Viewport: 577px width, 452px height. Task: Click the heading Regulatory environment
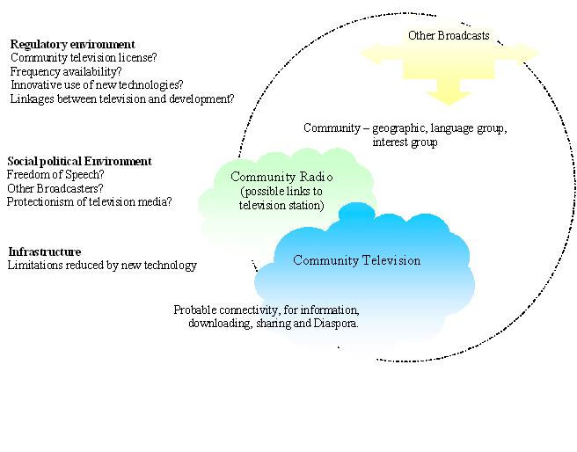[x=72, y=44]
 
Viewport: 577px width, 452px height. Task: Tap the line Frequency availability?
[x=65, y=72]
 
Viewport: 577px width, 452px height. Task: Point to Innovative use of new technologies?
[x=97, y=85]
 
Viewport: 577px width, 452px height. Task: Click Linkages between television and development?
[x=122, y=99]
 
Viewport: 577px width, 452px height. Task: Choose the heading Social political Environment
[x=79, y=161]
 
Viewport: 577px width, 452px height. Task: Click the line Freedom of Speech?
[x=55, y=174]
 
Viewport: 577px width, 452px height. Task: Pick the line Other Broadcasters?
[x=55, y=188]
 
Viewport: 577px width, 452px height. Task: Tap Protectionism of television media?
[x=89, y=201]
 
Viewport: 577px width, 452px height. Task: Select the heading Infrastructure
[x=44, y=252]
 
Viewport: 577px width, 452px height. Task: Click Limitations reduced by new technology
[x=102, y=266]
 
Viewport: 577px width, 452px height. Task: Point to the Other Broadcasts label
[x=449, y=36]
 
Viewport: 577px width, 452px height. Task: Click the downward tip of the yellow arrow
[x=448, y=103]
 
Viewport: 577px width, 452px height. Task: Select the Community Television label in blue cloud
[x=356, y=260]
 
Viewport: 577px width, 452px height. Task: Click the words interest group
[x=405, y=142]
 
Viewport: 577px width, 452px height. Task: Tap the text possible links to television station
[x=282, y=199]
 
